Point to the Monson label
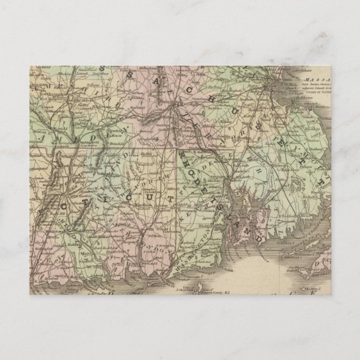click(115, 136)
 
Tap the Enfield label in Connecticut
click(89, 156)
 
